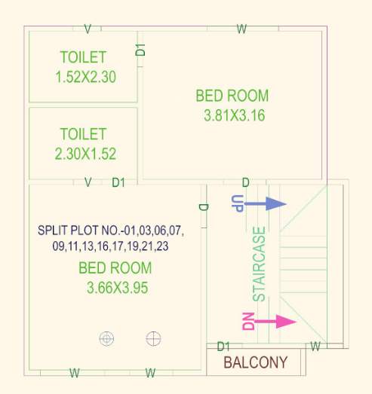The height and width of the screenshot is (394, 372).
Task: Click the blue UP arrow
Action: coord(266,203)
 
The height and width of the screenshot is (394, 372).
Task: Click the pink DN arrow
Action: coord(276,322)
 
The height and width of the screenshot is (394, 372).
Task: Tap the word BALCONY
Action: coord(256,362)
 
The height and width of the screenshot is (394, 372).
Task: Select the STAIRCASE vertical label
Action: coord(260,264)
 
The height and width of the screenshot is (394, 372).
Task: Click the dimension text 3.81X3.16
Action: coord(234,116)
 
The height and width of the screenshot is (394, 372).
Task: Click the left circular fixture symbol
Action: coord(106,338)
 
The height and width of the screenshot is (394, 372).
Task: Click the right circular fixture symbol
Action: coord(154,338)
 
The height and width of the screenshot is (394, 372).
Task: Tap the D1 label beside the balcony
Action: coord(223,347)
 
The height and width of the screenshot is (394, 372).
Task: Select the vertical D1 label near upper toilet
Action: coord(140,50)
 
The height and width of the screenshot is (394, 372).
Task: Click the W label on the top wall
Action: coord(241,29)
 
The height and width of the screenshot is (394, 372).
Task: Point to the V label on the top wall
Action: coord(88,29)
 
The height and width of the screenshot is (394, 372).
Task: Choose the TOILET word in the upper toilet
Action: coord(83,57)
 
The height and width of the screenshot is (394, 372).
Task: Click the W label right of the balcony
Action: coord(316,347)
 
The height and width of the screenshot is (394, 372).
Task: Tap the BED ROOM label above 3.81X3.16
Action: coord(232,96)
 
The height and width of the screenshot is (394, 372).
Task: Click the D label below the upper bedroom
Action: coord(245,183)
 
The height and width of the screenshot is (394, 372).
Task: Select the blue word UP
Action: coord(237,202)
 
